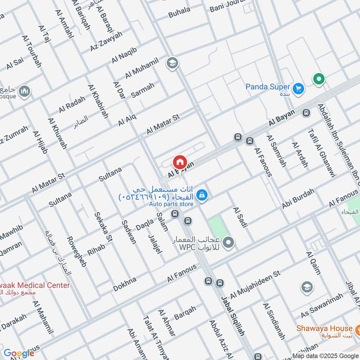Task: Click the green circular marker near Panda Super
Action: pos(319,80)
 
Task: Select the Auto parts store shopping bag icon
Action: pos(202,194)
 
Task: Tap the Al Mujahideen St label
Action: pos(255,285)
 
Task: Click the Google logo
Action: pos(18,353)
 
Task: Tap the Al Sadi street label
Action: pos(239,217)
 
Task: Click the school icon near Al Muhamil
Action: pos(171,63)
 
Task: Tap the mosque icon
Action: pos(24,92)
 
